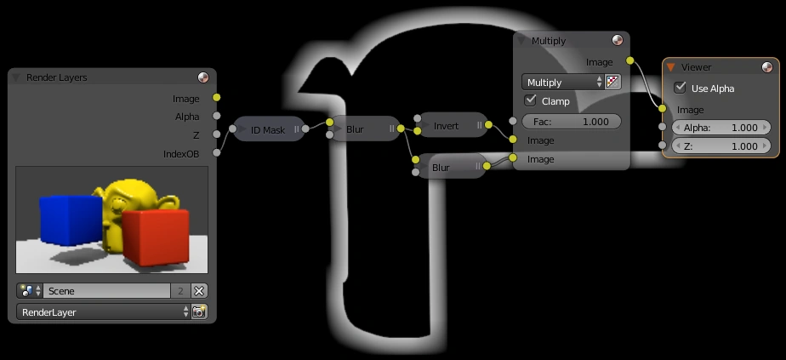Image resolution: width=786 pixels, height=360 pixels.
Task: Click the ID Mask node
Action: point(268,129)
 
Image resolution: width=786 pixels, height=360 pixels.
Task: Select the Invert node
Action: point(447,126)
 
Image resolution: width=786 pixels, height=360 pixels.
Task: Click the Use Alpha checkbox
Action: point(681,88)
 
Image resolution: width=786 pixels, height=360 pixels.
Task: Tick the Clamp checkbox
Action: point(530,101)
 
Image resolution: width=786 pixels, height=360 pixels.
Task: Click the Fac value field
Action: point(571,122)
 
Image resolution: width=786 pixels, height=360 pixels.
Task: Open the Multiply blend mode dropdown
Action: point(562,83)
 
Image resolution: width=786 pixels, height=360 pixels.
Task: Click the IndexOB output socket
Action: point(216,153)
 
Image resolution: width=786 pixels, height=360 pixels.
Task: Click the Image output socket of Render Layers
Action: point(216,99)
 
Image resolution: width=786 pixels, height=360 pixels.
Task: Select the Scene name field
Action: point(106,291)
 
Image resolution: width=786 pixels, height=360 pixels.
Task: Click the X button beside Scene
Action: point(199,291)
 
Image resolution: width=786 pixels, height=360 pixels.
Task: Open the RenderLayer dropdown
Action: point(102,312)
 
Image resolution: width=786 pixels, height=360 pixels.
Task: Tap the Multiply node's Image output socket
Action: point(629,61)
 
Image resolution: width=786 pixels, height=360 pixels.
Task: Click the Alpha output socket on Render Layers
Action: point(216,117)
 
